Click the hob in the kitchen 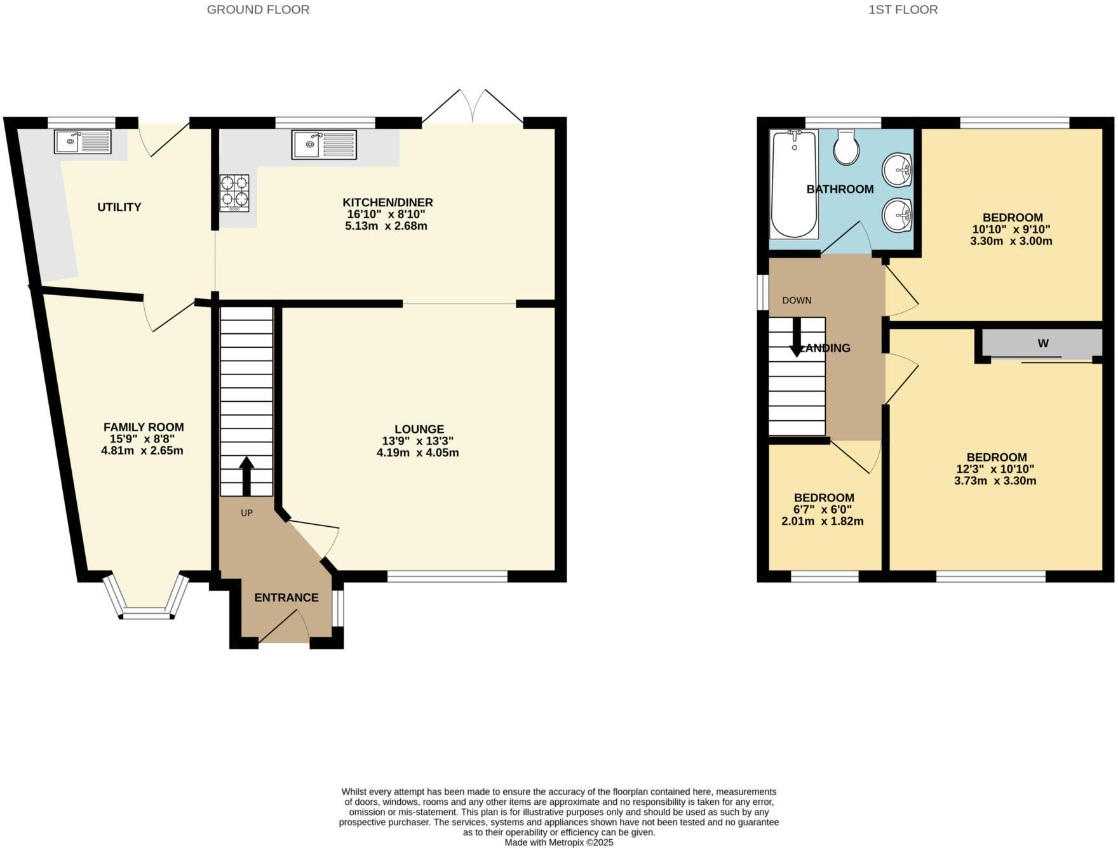pyautogui.click(x=234, y=192)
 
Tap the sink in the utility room pyautogui.click(x=83, y=142)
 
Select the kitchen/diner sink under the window pyautogui.click(x=324, y=145)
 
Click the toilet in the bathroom pyautogui.click(x=846, y=148)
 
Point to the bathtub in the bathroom pyautogui.click(x=793, y=184)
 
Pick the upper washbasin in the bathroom pyautogui.click(x=898, y=169)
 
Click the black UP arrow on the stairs pyautogui.click(x=246, y=476)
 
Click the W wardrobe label pyautogui.click(x=1042, y=343)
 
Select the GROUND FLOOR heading pyautogui.click(x=258, y=10)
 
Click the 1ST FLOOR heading pyautogui.click(x=903, y=10)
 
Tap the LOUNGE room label pyautogui.click(x=419, y=429)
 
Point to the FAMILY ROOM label pyautogui.click(x=144, y=427)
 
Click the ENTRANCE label pyautogui.click(x=286, y=597)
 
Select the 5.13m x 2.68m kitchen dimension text pyautogui.click(x=386, y=226)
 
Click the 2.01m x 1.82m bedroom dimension pyautogui.click(x=822, y=522)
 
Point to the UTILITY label pyautogui.click(x=119, y=207)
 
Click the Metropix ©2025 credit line pyautogui.click(x=558, y=842)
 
